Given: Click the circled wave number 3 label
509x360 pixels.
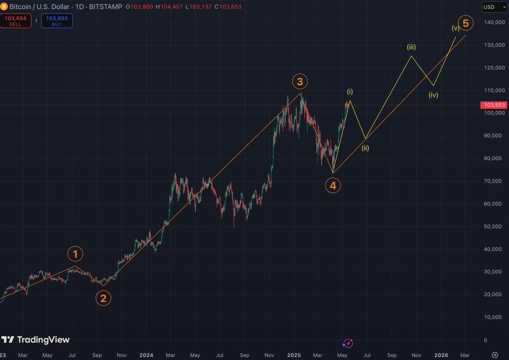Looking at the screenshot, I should click(300, 82).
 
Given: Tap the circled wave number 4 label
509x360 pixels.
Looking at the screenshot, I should click(333, 185).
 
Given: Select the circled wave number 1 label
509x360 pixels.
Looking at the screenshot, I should click(76, 255).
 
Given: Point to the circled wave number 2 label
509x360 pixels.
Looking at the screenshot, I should click(103, 298).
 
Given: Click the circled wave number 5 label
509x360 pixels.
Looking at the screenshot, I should click(465, 23).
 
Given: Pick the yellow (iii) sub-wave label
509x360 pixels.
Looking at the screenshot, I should click(411, 47).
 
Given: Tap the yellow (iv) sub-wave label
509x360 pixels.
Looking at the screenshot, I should click(433, 95).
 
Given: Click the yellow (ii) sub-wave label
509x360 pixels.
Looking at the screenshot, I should click(365, 148).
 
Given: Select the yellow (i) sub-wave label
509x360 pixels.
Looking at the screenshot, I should click(350, 91).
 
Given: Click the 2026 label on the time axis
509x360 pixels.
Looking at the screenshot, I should click(441, 355).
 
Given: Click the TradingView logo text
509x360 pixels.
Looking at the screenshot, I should click(43, 340).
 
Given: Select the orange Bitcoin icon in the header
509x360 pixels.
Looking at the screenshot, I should click(4, 6).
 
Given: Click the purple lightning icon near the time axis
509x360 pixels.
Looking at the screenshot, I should click(348, 343).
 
